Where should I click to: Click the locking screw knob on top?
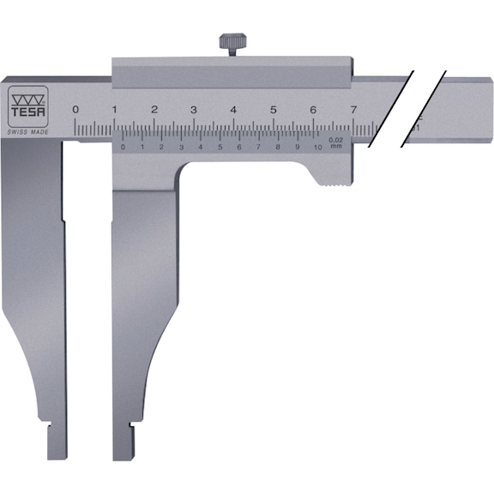coord(231,43)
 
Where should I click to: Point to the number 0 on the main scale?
coord(75,110)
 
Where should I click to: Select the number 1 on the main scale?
coord(115,110)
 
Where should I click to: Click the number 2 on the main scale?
coord(154,110)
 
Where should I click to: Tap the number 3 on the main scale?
coord(194,110)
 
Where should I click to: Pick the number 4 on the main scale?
coord(233,110)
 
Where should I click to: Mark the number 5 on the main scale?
coord(273,110)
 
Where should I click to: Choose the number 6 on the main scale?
coord(313,110)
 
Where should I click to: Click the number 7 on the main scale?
coord(352,110)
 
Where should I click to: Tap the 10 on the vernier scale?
coord(317,148)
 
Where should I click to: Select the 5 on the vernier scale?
coord(220,148)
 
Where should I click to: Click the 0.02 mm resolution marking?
coord(335,142)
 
